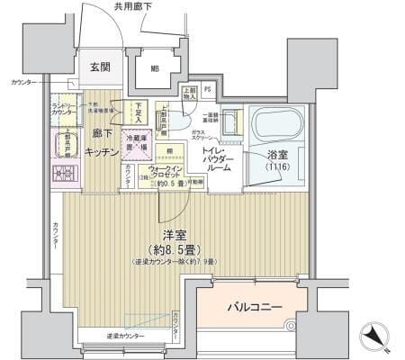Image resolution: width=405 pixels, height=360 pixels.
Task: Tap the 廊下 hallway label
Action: coord(100,134)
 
